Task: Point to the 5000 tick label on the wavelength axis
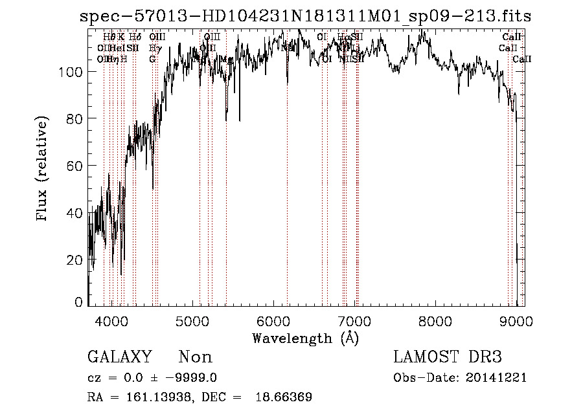(x=192, y=322)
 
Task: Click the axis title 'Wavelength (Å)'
(x=305, y=338)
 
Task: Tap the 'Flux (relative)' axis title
(x=43, y=170)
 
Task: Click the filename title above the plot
(x=305, y=17)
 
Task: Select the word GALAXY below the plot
(x=120, y=357)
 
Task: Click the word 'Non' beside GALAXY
(x=195, y=357)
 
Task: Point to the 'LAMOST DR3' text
(x=448, y=357)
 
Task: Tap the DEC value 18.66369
(x=284, y=397)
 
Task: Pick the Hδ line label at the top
(x=135, y=38)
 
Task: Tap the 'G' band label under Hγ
(x=152, y=59)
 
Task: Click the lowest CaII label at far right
(x=522, y=59)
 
